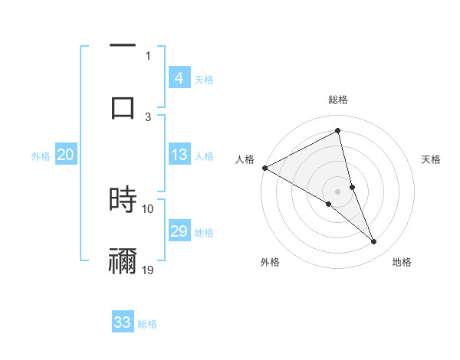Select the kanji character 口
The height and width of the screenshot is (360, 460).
[123, 107]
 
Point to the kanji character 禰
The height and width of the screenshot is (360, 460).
[123, 260]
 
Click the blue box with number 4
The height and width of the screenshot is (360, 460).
[179, 77]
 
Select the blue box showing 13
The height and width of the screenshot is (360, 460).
[179, 155]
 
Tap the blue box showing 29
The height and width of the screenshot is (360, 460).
[179, 231]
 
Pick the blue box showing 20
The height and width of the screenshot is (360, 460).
[66, 155]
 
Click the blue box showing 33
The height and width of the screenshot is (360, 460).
[123, 322]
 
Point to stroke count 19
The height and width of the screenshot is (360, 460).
[148, 270]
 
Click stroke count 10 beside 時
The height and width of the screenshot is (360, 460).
[148, 208]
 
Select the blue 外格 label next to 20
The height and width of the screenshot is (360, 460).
[41, 156]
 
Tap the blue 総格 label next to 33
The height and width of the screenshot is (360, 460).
[147, 324]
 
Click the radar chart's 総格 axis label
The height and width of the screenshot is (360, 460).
[338, 100]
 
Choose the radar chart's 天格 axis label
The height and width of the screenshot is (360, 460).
[432, 159]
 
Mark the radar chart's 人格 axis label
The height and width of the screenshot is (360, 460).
[245, 159]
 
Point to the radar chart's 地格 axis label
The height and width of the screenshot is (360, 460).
[402, 263]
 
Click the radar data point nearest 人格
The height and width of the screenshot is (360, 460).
[264, 168]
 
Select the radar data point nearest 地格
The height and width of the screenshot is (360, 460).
[374, 242]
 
